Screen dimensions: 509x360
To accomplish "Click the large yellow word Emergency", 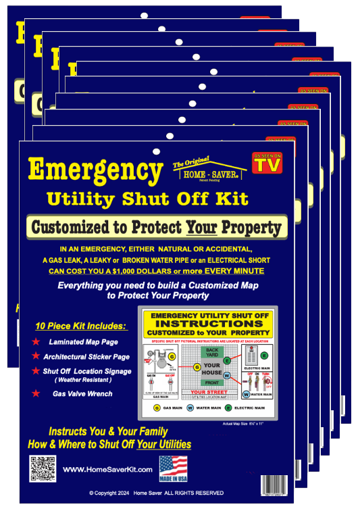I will (95, 170).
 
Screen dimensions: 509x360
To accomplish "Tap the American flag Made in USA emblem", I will (173, 467).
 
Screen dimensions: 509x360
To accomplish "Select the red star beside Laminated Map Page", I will (36, 341).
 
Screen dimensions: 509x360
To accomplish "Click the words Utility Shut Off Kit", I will (147, 199).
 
